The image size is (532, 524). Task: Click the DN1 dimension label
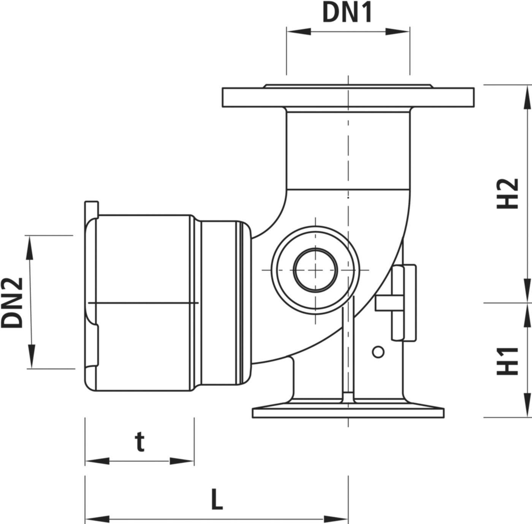(x=347, y=13)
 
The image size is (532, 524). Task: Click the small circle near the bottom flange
(x=378, y=352)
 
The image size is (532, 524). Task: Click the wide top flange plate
(x=348, y=97)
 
